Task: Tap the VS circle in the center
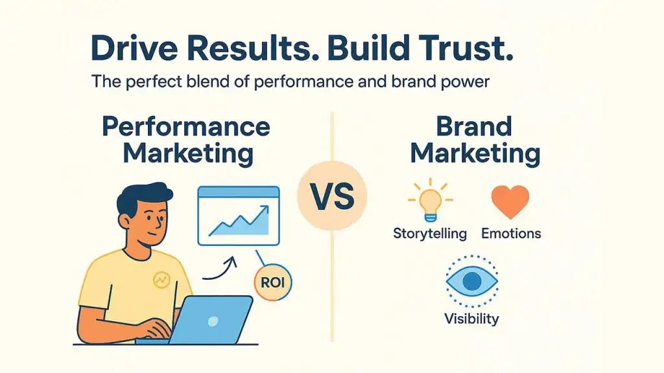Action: point(331,197)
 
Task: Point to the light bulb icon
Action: point(429,201)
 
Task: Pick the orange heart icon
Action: point(510,201)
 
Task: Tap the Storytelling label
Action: point(430,233)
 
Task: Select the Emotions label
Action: point(511,233)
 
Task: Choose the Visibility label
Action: point(471,319)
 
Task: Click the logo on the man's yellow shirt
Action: point(160,280)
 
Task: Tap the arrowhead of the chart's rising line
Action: point(264,209)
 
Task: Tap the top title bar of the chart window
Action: point(238,192)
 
